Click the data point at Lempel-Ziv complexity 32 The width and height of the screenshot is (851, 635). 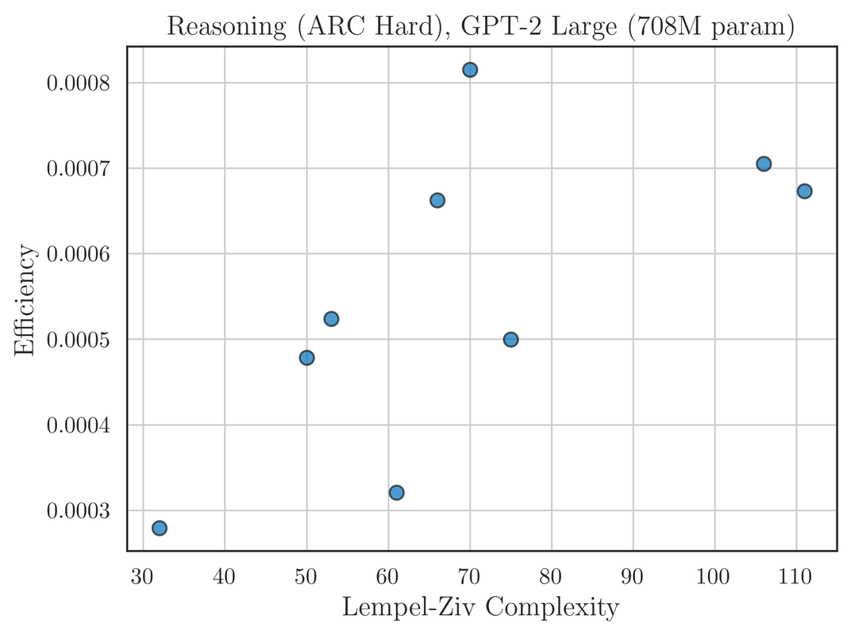pyautogui.click(x=159, y=528)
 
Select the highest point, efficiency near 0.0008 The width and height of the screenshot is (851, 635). pyautogui.click(x=470, y=70)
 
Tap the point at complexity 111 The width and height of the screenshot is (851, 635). pyautogui.click(x=804, y=190)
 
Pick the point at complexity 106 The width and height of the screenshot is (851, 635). pyautogui.click(x=764, y=164)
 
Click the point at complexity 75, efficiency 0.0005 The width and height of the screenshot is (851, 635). pyautogui.click(x=510, y=340)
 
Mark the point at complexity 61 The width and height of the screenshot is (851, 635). pyautogui.click(x=396, y=492)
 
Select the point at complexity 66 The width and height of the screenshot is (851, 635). pyautogui.click(x=437, y=200)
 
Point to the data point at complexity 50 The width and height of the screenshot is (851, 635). pyautogui.click(x=306, y=358)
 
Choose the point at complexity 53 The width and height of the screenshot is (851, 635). pyautogui.click(x=331, y=319)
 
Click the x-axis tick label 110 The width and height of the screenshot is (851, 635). pyautogui.click(x=796, y=577)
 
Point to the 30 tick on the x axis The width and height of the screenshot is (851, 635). pyautogui.click(x=143, y=577)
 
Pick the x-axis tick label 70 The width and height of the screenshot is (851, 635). pyautogui.click(x=470, y=577)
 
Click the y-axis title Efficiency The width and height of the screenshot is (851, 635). pyautogui.click(x=25, y=300)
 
